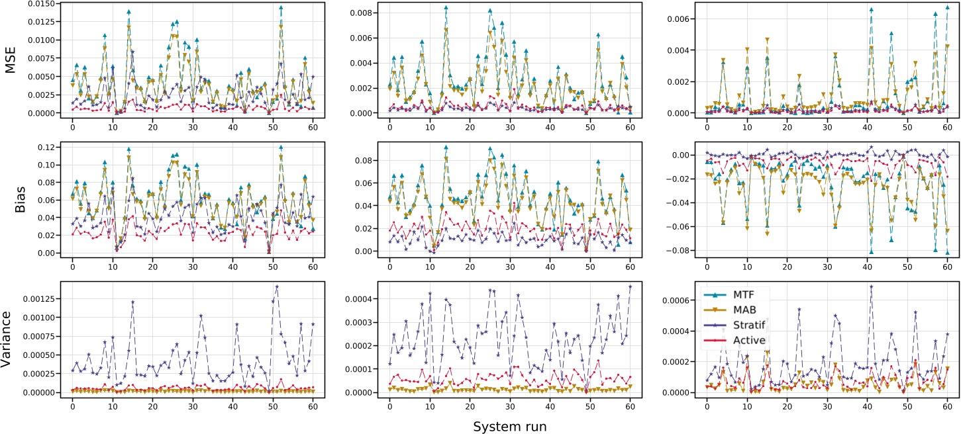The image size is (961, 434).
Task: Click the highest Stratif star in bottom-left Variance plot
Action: [277, 287]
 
